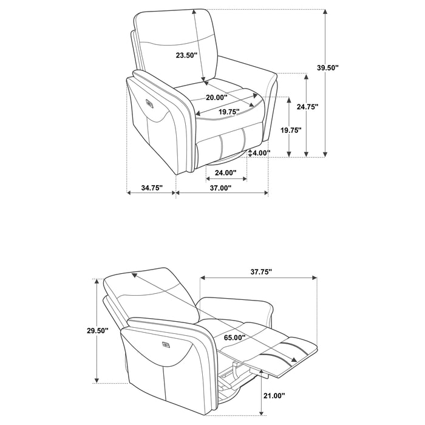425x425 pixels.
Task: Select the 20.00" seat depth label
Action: pyautogui.click(x=216, y=97)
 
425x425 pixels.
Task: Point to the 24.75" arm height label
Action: pyautogui.click(x=308, y=106)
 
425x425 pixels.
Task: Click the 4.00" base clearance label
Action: pyautogui.click(x=261, y=153)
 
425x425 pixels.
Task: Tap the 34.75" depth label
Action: pyautogui.click(x=151, y=188)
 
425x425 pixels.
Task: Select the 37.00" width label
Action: pyautogui.click(x=221, y=188)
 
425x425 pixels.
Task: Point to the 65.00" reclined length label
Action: pyautogui.click(x=234, y=338)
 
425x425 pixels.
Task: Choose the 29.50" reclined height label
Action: pyautogui.click(x=97, y=331)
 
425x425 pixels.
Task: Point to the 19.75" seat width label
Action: pyautogui.click(x=230, y=111)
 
